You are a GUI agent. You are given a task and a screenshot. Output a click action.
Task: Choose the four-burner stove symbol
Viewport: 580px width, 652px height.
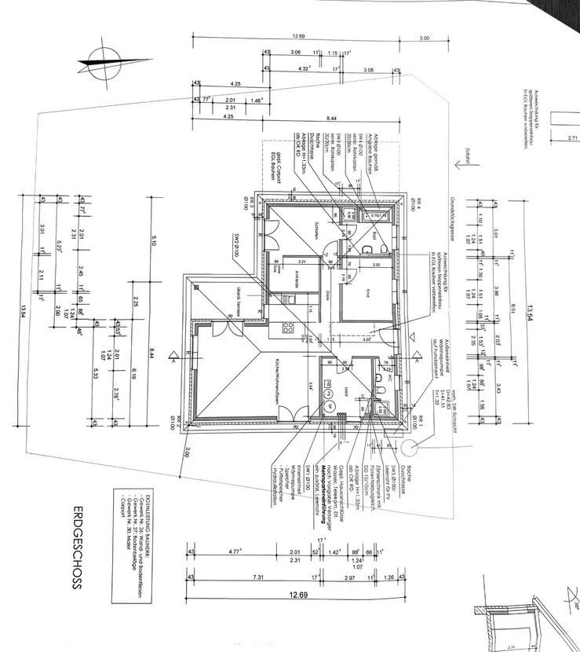(x=288, y=328)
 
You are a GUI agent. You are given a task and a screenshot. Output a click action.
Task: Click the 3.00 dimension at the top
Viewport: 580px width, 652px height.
(x=425, y=38)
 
